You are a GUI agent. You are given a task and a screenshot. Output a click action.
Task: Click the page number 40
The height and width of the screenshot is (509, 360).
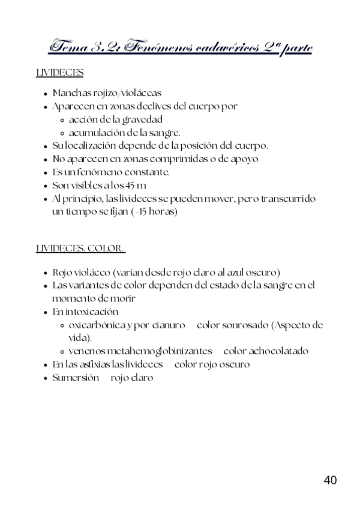click(330, 480)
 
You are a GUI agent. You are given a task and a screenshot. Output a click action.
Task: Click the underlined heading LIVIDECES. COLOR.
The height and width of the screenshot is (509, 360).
click(81, 248)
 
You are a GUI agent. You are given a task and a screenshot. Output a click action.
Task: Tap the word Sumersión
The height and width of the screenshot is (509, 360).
click(76, 378)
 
